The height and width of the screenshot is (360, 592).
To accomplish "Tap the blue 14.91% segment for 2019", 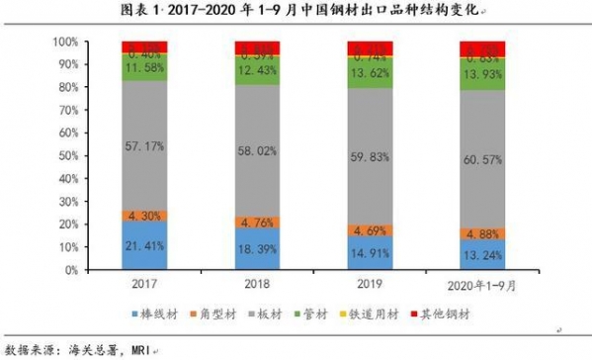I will click(370, 252).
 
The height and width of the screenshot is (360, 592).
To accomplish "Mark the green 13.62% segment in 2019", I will click(370, 73).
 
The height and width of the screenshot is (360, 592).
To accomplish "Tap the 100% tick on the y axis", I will click(64, 43).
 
